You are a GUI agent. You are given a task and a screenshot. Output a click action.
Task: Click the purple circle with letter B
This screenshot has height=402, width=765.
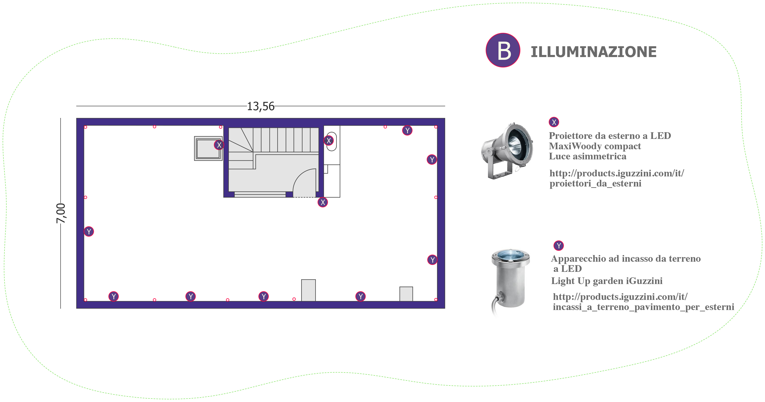(503, 50)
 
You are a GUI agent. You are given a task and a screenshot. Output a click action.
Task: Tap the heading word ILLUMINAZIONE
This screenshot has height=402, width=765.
(593, 52)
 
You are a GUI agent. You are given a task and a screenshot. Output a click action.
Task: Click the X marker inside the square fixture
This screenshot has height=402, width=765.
(219, 145)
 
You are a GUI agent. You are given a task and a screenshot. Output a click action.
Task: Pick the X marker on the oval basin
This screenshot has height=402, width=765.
(328, 141)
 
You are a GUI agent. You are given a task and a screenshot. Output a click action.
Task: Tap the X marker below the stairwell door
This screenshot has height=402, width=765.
(323, 202)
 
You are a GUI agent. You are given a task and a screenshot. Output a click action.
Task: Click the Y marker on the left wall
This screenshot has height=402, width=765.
(89, 231)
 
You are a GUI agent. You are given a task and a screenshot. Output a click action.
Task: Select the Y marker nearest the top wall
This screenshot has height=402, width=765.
(407, 130)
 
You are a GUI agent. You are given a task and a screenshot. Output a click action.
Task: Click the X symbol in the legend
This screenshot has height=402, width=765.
(554, 122)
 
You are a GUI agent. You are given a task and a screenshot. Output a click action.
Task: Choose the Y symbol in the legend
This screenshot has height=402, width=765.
(559, 246)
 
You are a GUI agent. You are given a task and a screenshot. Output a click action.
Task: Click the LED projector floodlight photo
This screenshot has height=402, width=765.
(507, 151)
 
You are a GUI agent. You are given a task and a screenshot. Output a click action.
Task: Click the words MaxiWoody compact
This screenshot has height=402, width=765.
(595, 146)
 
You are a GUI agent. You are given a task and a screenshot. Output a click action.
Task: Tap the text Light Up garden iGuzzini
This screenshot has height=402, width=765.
(607, 281)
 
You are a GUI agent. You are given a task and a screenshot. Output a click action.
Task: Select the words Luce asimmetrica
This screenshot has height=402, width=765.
(587, 156)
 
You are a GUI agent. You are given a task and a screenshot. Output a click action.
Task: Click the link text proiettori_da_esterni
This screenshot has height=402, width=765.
(596, 184)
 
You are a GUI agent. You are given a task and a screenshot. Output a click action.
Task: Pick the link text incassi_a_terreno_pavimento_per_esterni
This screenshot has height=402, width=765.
(643, 307)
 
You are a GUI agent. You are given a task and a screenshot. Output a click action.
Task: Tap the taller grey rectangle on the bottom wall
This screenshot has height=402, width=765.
(308, 290)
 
